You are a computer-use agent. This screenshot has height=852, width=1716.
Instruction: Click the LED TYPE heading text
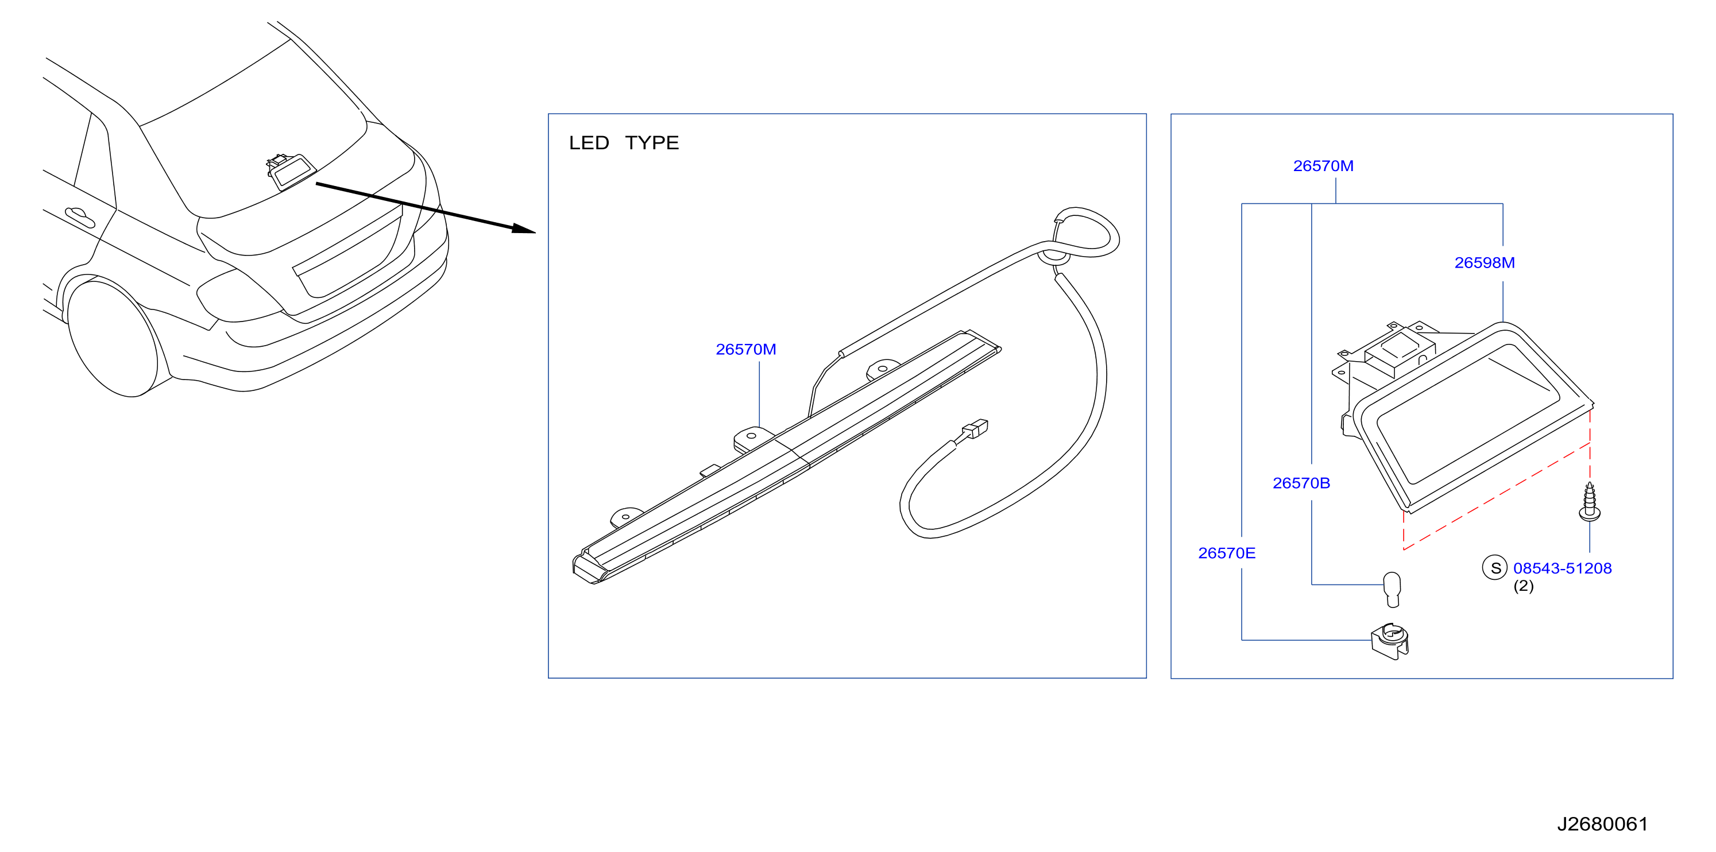pyautogui.click(x=624, y=142)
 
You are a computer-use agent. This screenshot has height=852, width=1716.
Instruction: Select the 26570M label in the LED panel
pyautogui.click(x=745, y=349)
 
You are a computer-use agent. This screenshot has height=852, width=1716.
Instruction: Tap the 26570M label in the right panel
pyautogui.click(x=1323, y=166)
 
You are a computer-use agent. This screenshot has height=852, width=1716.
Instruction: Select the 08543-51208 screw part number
pyautogui.click(x=1562, y=568)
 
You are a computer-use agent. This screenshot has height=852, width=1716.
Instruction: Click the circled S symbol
pyautogui.click(x=1495, y=568)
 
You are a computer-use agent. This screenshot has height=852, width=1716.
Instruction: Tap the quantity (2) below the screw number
pyautogui.click(x=1523, y=586)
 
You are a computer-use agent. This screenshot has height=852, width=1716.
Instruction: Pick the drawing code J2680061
pyautogui.click(x=1602, y=824)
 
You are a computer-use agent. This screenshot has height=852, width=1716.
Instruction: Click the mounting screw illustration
pyautogui.click(x=1590, y=501)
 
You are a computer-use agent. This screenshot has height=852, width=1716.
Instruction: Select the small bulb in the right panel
pyautogui.click(x=1392, y=589)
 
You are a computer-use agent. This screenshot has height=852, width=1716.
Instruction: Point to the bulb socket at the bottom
pyautogui.click(x=1390, y=641)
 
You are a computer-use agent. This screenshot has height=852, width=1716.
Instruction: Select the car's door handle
pyautogui.click(x=80, y=217)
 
